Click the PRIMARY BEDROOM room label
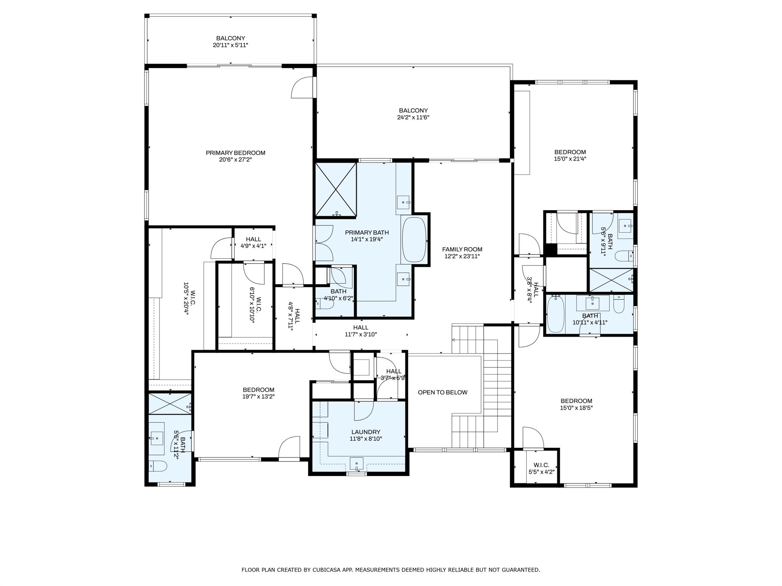(235, 153)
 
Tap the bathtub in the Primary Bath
(414, 239)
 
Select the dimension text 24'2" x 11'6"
(413, 118)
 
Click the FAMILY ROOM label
(462, 250)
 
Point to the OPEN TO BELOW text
(443, 392)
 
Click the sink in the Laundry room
(357, 464)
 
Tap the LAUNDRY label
(366, 432)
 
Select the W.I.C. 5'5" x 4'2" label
(541, 468)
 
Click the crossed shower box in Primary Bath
(336, 190)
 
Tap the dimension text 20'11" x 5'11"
(231, 45)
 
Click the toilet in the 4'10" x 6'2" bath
(326, 303)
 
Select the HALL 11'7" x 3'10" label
(361, 331)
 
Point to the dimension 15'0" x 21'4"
(570, 159)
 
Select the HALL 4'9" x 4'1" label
(253, 243)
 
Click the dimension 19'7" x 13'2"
(259, 396)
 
